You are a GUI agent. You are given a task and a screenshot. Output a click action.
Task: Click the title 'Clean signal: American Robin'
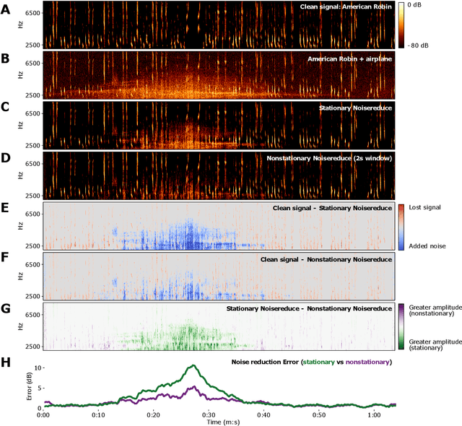point(346,7)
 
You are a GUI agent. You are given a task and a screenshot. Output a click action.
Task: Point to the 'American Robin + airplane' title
point(350,57)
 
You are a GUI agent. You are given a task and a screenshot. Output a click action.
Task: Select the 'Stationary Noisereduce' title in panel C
point(355,108)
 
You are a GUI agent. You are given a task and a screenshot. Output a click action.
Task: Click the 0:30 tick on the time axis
point(209,415)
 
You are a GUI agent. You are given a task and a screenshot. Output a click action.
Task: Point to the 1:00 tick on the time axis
point(374,415)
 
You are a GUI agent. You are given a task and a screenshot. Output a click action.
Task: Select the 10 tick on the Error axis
point(36,368)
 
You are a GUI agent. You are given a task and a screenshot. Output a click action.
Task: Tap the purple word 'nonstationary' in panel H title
point(367,361)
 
